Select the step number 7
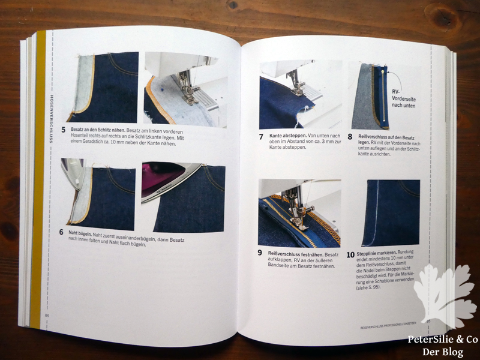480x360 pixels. point(261,136)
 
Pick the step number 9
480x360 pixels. point(260,253)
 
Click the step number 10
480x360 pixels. point(350,254)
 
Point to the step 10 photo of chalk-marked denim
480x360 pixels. point(391,213)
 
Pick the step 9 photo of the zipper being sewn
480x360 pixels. point(299,213)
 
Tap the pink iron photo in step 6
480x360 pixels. point(183,199)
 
